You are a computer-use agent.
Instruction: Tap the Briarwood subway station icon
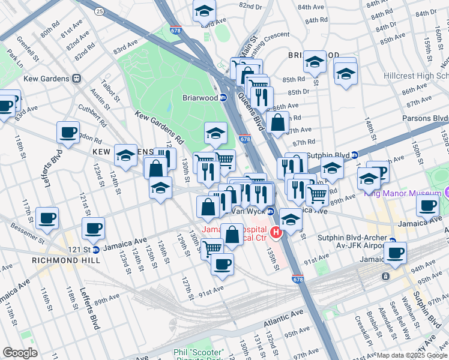(x=223, y=98)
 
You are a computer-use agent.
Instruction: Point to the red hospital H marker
(x=276, y=232)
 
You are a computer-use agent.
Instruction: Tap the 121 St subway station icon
(x=95, y=249)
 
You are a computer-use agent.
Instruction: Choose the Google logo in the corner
(x=20, y=353)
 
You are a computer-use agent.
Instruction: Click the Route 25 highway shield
(x=99, y=11)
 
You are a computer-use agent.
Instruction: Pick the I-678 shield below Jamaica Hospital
(x=298, y=279)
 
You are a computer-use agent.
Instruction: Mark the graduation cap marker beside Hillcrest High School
(x=345, y=74)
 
